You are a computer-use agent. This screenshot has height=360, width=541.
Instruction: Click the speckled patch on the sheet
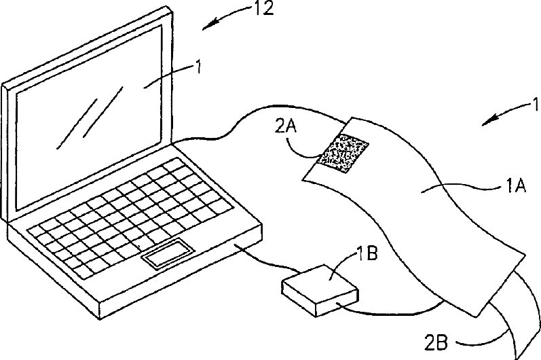pyautogui.click(x=343, y=154)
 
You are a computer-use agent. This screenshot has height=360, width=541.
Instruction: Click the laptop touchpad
pyautogui.click(x=166, y=252)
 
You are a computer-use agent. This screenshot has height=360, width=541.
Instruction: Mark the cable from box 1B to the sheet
pyautogui.click(x=394, y=312)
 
